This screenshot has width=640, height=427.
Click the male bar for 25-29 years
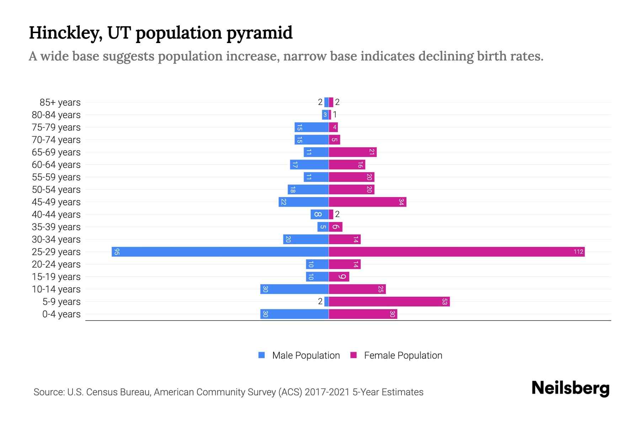pos(220,252)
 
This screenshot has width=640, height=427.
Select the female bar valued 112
pos(457,252)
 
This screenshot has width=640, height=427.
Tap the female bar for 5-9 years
pos(389,301)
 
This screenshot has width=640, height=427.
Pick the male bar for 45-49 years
pos(304,202)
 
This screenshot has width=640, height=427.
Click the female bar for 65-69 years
pos(352,152)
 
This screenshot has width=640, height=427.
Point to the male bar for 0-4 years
pos(294,314)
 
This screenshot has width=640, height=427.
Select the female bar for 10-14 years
pos(357,289)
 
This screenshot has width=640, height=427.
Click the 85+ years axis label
pos(60,102)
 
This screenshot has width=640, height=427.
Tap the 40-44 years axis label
pos(56,215)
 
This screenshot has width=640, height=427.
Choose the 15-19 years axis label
pos(56,277)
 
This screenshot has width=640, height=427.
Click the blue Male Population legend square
pos(262,355)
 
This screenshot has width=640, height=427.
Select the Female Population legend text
pos(403,355)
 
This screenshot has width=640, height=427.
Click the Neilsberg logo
pos(570,388)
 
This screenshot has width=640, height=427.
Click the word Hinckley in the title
pos(65,33)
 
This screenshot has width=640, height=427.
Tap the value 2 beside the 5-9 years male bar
pos(320,301)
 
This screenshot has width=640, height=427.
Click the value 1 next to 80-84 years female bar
pos(335,115)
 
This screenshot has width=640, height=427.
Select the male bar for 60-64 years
pos(309,164)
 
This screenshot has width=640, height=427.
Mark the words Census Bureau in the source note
pos(119,392)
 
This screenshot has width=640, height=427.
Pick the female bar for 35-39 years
pos(335,227)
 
